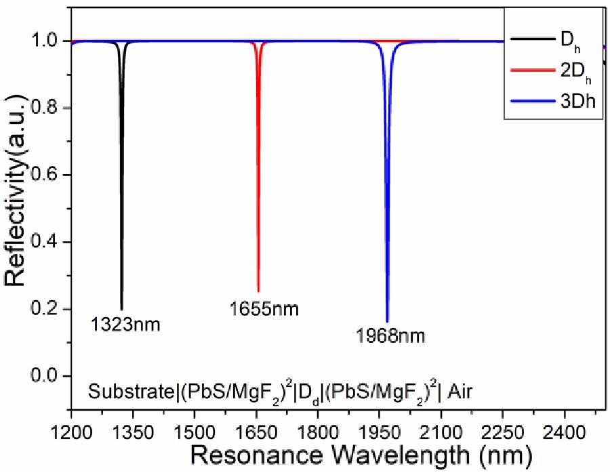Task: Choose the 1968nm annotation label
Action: pyautogui.click(x=390, y=335)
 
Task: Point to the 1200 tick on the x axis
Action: pyautogui.click(x=71, y=431)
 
